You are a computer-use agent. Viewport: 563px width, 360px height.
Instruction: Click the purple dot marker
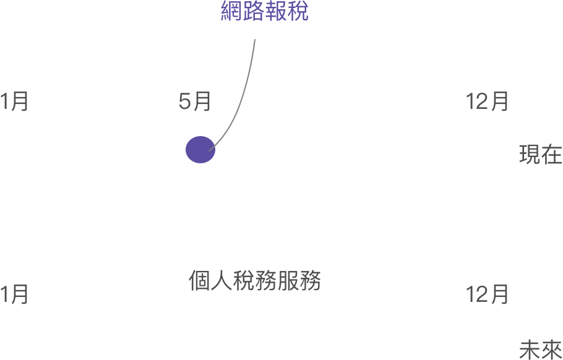(200, 150)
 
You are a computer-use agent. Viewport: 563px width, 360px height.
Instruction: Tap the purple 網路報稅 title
(265, 11)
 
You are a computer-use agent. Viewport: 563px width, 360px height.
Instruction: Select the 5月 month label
(195, 101)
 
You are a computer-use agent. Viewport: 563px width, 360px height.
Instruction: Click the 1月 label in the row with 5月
(14, 101)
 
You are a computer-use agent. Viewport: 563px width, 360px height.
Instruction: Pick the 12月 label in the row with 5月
(487, 101)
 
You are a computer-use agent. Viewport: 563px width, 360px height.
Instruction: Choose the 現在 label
(541, 155)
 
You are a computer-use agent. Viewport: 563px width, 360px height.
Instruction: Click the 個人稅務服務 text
(254, 280)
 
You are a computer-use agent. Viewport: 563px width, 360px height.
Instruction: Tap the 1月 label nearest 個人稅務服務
(14, 294)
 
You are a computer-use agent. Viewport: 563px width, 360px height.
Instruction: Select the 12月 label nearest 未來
(487, 294)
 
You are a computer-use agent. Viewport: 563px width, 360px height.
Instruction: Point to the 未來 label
(541, 349)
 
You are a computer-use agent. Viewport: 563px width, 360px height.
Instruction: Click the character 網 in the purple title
(231, 11)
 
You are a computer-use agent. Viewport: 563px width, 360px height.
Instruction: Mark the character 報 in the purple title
(276, 11)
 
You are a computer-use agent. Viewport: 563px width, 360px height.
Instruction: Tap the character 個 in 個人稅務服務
(199, 280)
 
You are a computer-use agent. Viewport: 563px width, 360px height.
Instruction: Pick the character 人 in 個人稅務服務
(221, 280)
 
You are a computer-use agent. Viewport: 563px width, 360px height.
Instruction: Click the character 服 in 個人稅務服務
(288, 280)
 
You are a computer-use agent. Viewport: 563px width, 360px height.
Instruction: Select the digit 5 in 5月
(184, 102)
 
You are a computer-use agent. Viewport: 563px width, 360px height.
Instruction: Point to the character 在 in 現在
(552, 155)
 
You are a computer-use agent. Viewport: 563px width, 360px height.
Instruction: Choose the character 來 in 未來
(552, 349)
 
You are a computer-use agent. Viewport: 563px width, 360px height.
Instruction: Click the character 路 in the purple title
(254, 11)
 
